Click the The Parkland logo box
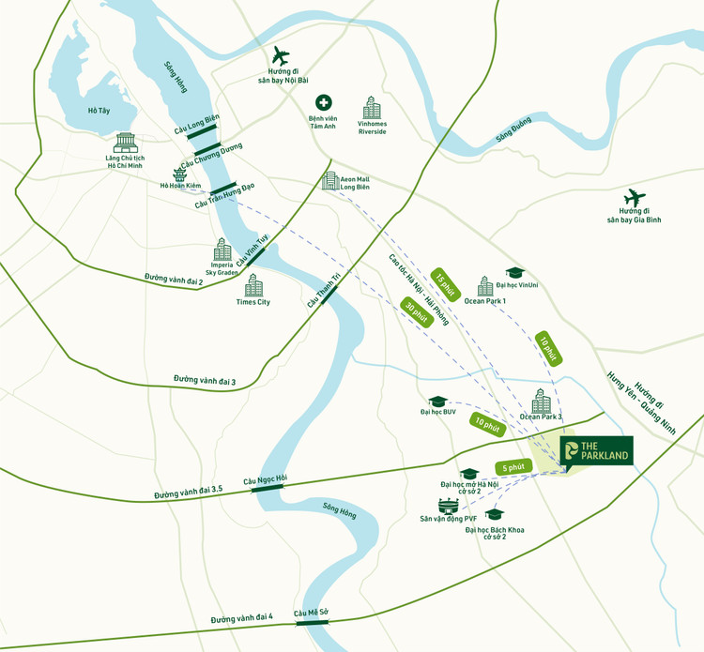pos(596,452)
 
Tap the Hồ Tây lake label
pos(99,111)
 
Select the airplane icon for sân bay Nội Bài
pos(281,56)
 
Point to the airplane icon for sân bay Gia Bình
pos(635,199)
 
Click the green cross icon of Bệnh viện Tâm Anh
pos(322,102)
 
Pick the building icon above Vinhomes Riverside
pos(373,107)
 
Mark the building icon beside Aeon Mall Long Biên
pos(329,180)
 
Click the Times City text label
pos(253,302)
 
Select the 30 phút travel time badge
pos(414,311)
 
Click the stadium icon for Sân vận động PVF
pos(446,506)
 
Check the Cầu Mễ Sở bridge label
pos(311,614)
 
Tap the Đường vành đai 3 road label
pos(205,380)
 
